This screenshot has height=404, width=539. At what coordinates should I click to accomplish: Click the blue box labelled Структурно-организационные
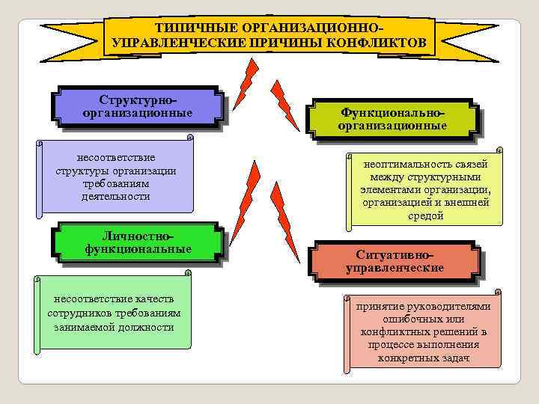[138, 106]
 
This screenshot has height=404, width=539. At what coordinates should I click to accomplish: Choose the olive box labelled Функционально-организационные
[392, 119]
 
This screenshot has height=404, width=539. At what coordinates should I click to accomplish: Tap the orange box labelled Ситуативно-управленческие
[395, 261]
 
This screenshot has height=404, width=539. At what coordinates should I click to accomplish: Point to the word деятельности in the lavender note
[116, 196]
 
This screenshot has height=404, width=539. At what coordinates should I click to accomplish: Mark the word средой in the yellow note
[425, 215]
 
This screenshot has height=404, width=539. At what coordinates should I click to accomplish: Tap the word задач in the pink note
[454, 358]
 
